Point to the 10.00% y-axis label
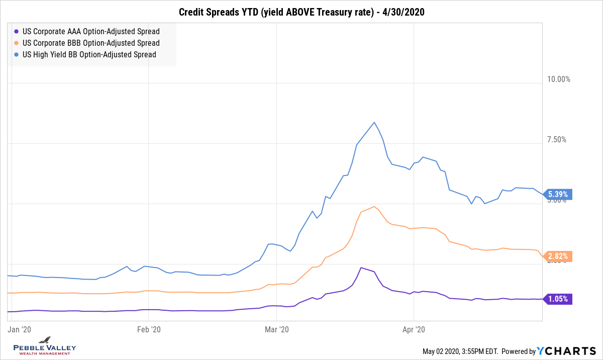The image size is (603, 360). [559, 79]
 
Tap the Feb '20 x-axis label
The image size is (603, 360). [149, 329]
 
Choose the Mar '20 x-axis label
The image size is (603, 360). [277, 329]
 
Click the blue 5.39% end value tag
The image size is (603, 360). [557, 195]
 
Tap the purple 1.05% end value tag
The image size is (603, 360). [557, 299]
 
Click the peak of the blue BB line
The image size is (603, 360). [374, 122]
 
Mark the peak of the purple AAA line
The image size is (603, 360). [361, 267]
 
